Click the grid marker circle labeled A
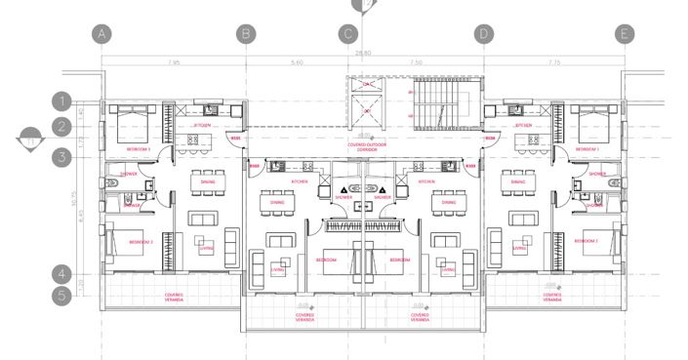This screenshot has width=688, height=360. (x=104, y=34)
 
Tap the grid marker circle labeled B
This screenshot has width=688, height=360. (x=247, y=34)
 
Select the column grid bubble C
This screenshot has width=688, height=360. (x=348, y=34)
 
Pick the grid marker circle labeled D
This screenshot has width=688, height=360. (x=483, y=34)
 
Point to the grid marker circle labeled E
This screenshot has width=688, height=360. (x=625, y=34)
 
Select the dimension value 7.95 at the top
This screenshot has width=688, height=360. (x=174, y=62)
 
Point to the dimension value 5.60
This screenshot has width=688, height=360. (x=298, y=62)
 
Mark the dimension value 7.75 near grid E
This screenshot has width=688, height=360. (x=553, y=62)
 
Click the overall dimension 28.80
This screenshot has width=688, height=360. (x=364, y=54)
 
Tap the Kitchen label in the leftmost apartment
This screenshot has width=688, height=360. (x=202, y=126)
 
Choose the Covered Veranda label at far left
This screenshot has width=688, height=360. (x=173, y=297)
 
